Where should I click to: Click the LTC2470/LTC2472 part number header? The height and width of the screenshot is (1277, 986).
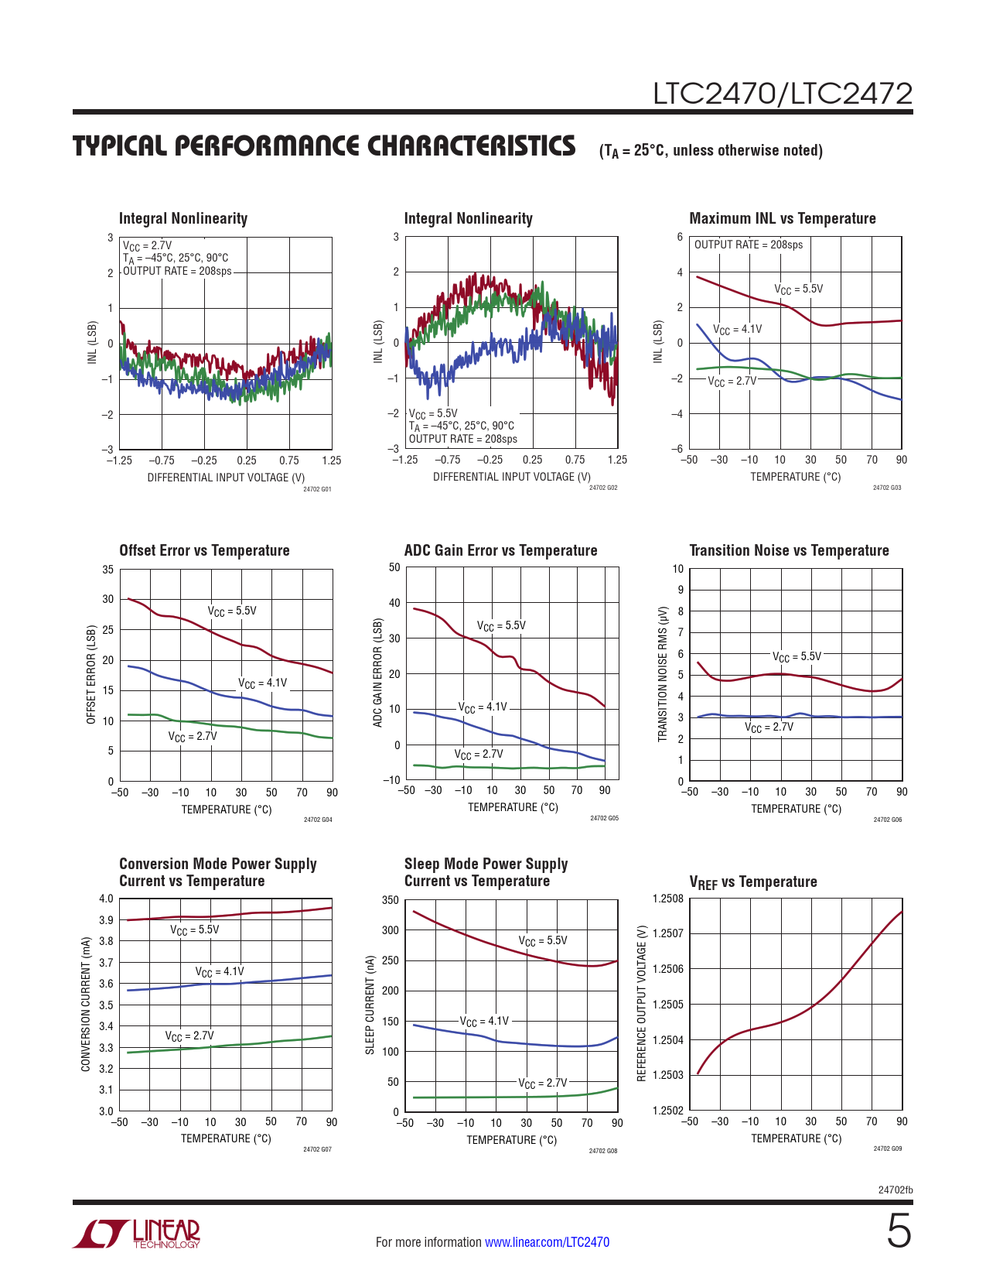(x=783, y=94)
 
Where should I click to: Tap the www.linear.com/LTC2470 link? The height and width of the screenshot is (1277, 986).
(x=547, y=1242)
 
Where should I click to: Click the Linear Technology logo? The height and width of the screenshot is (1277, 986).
(x=137, y=1234)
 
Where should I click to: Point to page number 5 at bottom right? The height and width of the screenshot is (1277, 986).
(x=898, y=1231)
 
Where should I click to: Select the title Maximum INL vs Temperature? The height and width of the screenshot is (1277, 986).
(x=782, y=218)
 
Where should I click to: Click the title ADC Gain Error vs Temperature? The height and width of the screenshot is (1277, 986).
(x=500, y=550)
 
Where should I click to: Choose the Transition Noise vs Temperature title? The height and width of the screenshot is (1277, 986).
(x=789, y=550)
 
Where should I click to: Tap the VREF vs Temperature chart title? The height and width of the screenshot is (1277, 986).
(x=752, y=882)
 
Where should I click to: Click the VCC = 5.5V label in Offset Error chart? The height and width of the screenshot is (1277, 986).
(x=232, y=611)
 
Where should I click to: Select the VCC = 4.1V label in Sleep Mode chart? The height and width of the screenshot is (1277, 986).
(x=485, y=1021)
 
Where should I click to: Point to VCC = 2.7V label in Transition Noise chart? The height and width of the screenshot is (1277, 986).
(x=769, y=728)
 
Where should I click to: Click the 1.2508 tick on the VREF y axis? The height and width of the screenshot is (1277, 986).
(x=668, y=899)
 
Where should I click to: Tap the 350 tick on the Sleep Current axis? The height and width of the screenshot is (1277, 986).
(x=391, y=900)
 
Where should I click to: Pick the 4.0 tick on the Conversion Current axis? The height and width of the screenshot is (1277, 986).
(x=106, y=899)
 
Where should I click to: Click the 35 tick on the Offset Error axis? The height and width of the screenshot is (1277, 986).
(x=107, y=570)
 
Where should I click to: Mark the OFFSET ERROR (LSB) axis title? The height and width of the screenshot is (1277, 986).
(x=91, y=674)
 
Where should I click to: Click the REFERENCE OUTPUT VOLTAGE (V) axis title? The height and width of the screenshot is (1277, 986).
(x=641, y=1003)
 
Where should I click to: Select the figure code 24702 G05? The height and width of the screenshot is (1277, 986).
(x=604, y=818)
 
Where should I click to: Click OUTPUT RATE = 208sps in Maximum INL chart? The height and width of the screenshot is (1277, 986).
(x=748, y=245)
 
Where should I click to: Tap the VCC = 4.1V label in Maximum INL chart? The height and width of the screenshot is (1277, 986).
(x=737, y=329)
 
